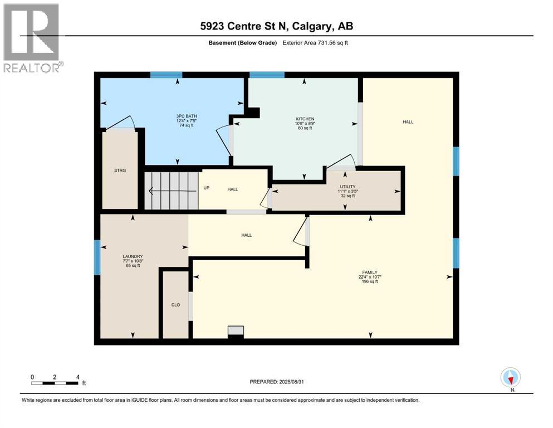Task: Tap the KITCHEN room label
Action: point(305,119)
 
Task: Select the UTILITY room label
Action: point(348,187)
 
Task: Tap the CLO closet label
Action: point(174,305)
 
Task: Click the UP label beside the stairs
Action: point(206,188)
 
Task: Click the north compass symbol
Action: point(510,377)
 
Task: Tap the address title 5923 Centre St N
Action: point(276,26)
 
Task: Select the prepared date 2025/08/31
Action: point(276,382)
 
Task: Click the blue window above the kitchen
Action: point(267,75)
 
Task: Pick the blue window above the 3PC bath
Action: point(166,75)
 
